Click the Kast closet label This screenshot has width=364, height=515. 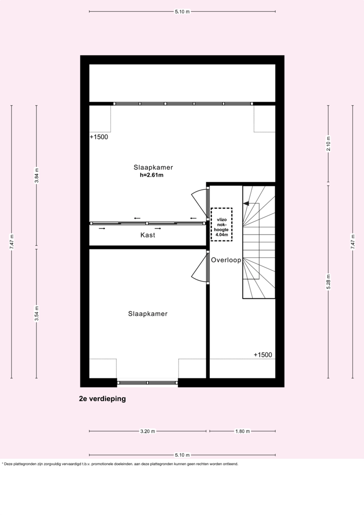tap(148, 235)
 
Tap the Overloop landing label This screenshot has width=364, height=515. tap(226, 260)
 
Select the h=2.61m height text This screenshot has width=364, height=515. tap(152, 175)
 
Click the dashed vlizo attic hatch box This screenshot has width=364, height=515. tap(221, 223)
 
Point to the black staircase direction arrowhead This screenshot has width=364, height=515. tap(246, 204)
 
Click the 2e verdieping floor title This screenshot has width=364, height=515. tap(102, 399)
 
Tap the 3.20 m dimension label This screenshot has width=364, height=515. tap(148, 431)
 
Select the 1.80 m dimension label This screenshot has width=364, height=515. tap(243, 431)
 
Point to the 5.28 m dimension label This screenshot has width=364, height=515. tap(328, 282)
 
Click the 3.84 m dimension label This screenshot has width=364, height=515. tap(36, 176)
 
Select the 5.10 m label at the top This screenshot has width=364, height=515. tap(182, 11)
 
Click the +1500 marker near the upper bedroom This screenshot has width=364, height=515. tap(99, 137)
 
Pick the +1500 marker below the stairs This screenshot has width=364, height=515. tap(263, 355)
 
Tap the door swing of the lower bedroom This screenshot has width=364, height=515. tap(199, 269)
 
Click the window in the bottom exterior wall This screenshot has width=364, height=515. tap(148, 382)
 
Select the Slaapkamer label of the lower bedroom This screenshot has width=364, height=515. tap(148, 314)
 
